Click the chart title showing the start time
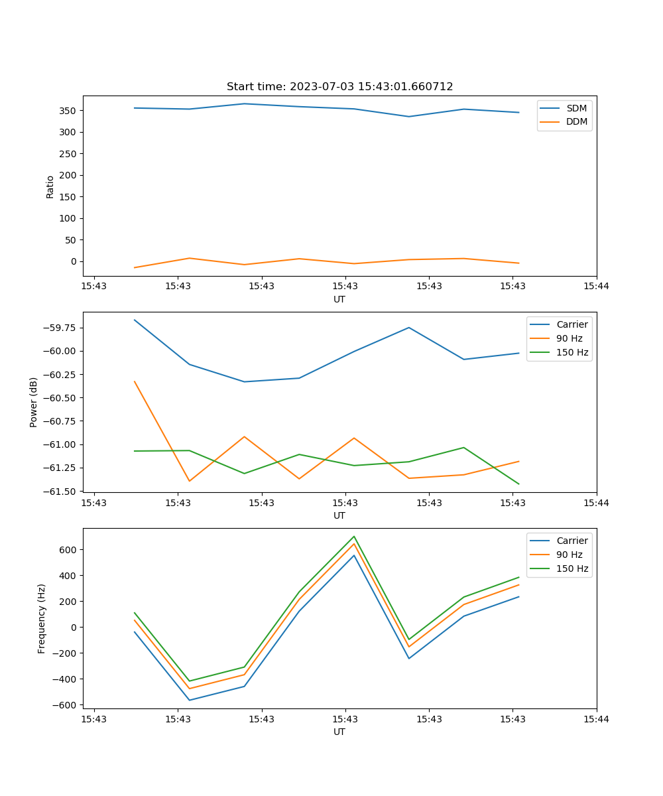(339, 87)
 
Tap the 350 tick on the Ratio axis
(69, 111)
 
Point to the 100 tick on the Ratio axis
(69, 218)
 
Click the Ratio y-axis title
(50, 187)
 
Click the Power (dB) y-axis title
(34, 402)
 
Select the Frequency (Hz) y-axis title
(42, 618)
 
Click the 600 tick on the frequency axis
(69, 550)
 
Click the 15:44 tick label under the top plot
(596, 287)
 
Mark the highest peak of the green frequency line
(354, 536)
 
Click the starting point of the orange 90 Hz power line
(135, 381)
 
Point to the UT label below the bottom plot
(339, 732)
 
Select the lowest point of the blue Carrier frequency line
(190, 700)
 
